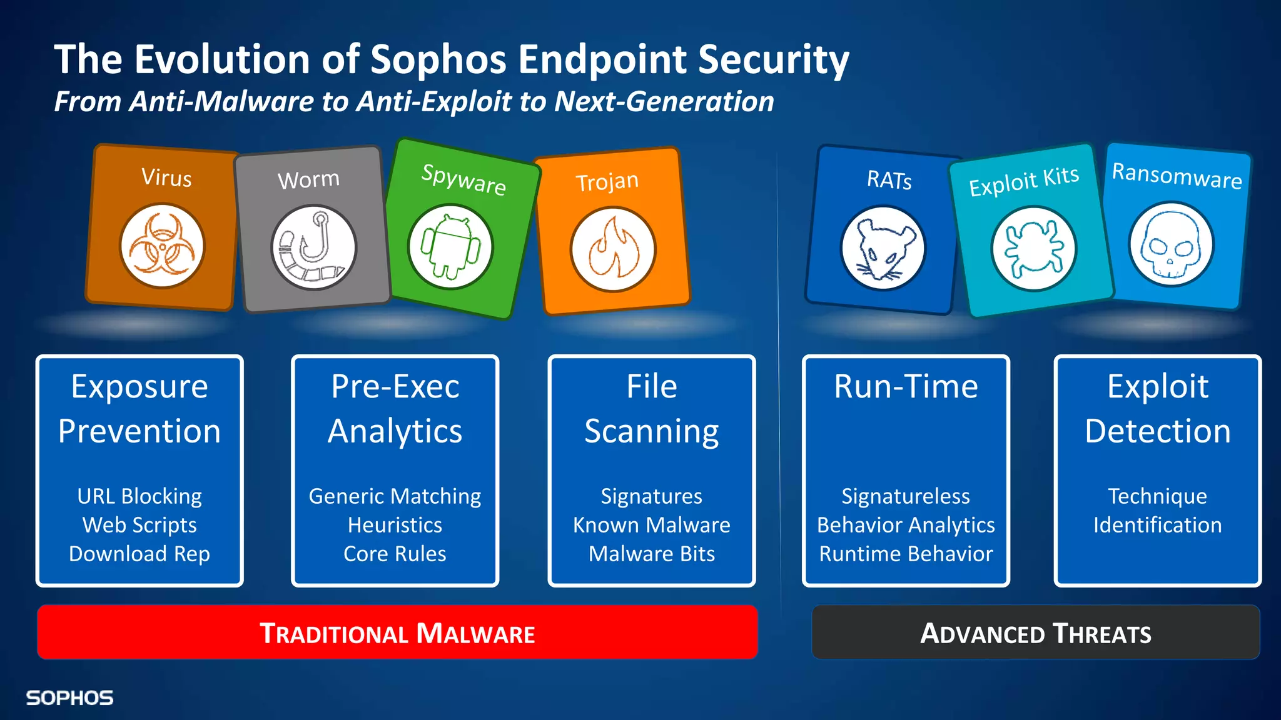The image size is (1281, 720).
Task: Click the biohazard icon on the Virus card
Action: [x=162, y=246]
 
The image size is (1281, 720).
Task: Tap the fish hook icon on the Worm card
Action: [x=314, y=247]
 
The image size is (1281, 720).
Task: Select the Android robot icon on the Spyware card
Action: [x=450, y=247]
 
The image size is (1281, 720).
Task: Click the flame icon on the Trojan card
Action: [x=613, y=249]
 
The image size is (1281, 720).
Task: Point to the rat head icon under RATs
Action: [x=883, y=248]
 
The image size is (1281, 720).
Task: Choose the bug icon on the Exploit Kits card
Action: [x=1033, y=248]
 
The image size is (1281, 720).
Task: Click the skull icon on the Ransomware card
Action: [x=1171, y=244]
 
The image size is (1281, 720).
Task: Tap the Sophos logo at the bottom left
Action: [x=69, y=697]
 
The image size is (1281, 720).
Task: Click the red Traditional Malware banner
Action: [x=397, y=632]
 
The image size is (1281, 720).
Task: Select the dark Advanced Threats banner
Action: [x=1035, y=632]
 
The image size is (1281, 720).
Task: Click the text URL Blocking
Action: [x=139, y=496]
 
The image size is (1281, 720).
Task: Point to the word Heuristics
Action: [x=395, y=525]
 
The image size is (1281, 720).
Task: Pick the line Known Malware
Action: [x=651, y=525]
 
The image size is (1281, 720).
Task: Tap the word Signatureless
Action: [x=905, y=496]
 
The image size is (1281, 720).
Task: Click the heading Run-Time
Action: [x=905, y=386]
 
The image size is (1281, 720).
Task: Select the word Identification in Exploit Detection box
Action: [x=1157, y=525]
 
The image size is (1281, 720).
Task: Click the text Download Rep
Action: [x=139, y=554]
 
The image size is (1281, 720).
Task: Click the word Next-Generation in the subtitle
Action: [x=664, y=101]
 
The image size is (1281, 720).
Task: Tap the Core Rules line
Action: [x=395, y=554]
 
